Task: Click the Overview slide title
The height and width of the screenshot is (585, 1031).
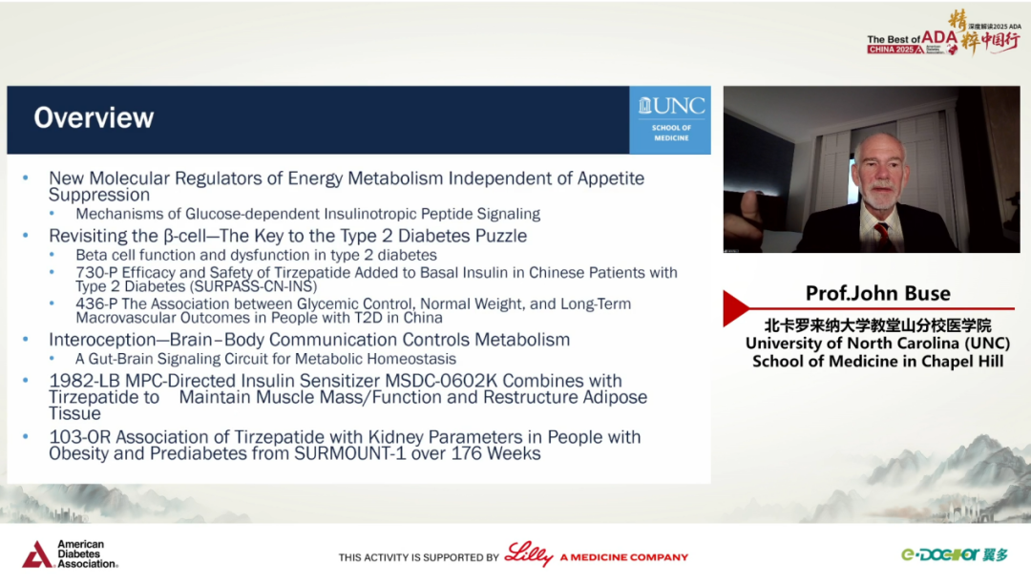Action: click(x=94, y=117)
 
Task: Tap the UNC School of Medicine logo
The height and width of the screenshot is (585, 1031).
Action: click(x=670, y=119)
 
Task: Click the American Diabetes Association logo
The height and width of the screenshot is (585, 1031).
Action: click(x=71, y=554)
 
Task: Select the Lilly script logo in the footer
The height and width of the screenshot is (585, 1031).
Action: click(x=529, y=554)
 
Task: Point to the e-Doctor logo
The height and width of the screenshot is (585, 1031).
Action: click(x=954, y=554)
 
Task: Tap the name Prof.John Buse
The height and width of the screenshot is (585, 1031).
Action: click(x=878, y=293)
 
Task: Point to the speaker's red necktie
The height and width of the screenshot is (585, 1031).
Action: click(x=881, y=234)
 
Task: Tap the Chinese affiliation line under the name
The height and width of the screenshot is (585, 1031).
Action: click(x=878, y=325)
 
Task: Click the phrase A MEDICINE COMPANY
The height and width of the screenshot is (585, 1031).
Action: click(x=624, y=557)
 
